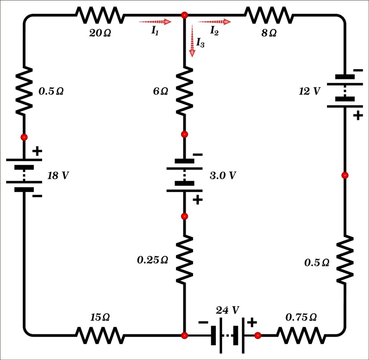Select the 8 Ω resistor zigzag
(x=268, y=15)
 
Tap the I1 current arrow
(x=155, y=22)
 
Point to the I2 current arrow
(x=214, y=22)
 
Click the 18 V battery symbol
(x=24, y=174)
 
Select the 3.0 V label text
(x=223, y=176)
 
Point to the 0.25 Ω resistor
(x=184, y=259)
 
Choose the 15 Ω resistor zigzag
(x=100, y=335)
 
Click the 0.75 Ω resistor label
(x=301, y=318)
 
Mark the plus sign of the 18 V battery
(x=37, y=151)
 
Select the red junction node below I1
(x=184, y=15)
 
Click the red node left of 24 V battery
(x=184, y=336)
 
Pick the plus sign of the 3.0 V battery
(x=197, y=200)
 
